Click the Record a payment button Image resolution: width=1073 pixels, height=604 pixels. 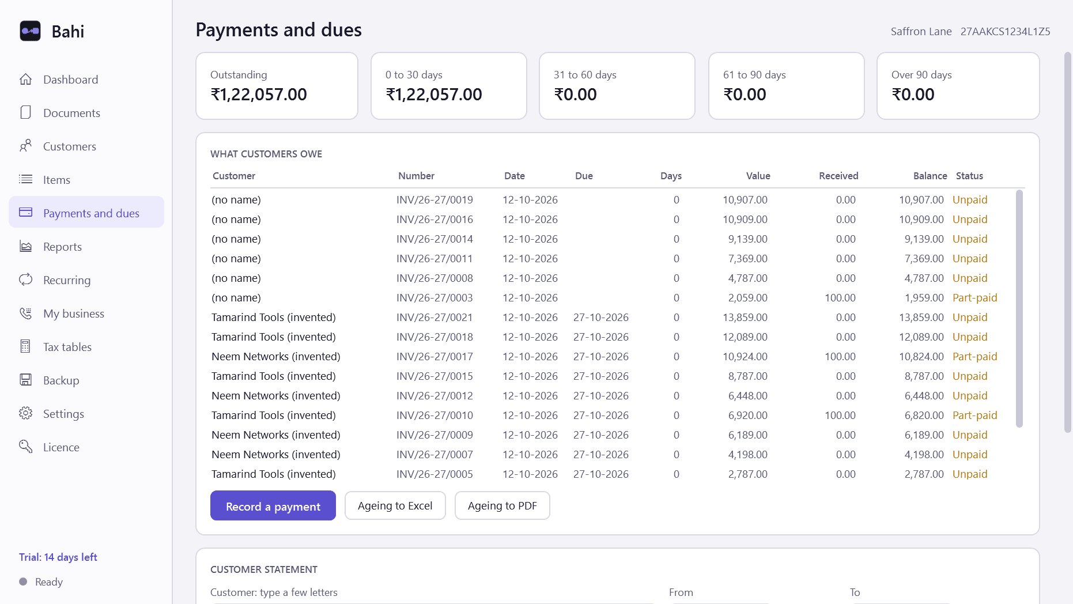(x=273, y=505)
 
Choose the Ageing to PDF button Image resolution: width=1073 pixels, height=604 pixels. (x=502, y=505)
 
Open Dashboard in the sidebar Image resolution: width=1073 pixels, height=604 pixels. (x=70, y=80)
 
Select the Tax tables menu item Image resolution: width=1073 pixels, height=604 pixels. (x=67, y=347)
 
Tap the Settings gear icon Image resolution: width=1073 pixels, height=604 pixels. (x=25, y=413)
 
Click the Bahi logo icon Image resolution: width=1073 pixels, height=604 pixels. (x=30, y=31)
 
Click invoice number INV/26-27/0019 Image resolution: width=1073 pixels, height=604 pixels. (x=435, y=200)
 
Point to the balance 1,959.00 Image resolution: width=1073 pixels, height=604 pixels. (x=924, y=298)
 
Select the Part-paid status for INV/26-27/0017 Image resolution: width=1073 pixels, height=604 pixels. (x=974, y=357)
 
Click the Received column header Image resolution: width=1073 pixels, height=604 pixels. (x=838, y=176)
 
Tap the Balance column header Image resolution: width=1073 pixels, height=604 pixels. (x=930, y=176)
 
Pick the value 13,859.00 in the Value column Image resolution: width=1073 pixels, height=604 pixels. (x=745, y=318)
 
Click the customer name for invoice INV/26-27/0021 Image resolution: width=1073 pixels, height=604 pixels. (x=274, y=318)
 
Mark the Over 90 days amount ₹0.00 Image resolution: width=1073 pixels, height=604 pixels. (x=913, y=95)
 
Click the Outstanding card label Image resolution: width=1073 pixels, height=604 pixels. (x=239, y=75)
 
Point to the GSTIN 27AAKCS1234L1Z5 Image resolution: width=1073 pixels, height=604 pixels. (x=1005, y=32)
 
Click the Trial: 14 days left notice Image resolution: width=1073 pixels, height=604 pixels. (x=58, y=557)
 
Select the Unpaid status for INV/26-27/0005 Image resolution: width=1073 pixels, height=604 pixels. (x=970, y=474)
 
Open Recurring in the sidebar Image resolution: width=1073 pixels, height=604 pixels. (x=67, y=280)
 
